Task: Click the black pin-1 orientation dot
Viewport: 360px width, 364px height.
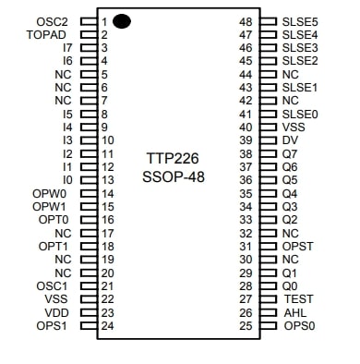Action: click(x=122, y=20)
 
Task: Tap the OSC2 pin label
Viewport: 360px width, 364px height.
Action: click(x=53, y=20)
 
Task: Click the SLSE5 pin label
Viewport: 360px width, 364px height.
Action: click(x=300, y=20)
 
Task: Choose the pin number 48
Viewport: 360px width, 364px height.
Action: click(x=246, y=20)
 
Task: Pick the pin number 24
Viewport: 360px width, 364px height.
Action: click(x=107, y=326)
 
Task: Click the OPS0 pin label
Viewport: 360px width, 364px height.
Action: click(x=299, y=326)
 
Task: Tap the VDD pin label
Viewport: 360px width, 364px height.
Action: click(x=57, y=313)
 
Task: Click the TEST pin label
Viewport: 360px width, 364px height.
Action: click(x=297, y=299)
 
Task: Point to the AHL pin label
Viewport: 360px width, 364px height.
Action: click(x=294, y=313)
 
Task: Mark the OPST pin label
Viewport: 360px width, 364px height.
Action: click(x=298, y=247)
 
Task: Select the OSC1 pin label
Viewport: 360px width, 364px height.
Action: click(x=53, y=286)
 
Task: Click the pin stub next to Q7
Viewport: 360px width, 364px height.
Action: click(x=269, y=153)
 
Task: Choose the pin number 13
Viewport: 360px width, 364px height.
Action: click(x=107, y=179)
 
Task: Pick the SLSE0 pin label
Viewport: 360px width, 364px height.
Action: click(x=300, y=114)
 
